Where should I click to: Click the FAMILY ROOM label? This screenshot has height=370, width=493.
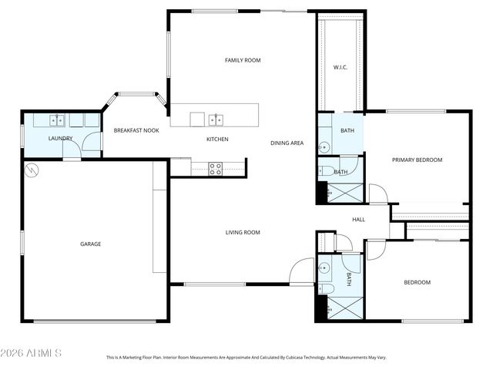pyautogui.click(x=243, y=60)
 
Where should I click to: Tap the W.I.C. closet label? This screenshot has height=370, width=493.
pyautogui.click(x=340, y=67)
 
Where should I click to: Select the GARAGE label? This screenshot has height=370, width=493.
pyautogui.click(x=91, y=244)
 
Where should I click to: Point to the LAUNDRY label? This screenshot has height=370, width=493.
pyautogui.click(x=60, y=139)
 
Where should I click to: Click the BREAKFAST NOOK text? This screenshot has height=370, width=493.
pyautogui.click(x=136, y=131)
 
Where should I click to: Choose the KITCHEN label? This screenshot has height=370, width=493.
pyautogui.click(x=217, y=140)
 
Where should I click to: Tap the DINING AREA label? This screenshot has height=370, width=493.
pyautogui.click(x=287, y=143)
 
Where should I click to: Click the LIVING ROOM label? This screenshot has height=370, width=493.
pyautogui.click(x=243, y=233)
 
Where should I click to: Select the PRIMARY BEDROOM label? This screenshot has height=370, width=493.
pyautogui.click(x=417, y=160)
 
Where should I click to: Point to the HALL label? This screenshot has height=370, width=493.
pyautogui.click(x=358, y=220)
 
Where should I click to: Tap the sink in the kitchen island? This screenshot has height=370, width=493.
pyautogui.click(x=218, y=119)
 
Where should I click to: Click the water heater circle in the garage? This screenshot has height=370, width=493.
pyautogui.click(x=32, y=170)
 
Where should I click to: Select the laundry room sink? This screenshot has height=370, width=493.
pyautogui.click(x=56, y=120)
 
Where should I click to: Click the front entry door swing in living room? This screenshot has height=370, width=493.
pyautogui.click(x=301, y=271)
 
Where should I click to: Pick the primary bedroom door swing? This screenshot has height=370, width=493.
pyautogui.click(x=378, y=194)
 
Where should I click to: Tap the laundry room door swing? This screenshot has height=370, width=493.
pyautogui.click(x=91, y=143)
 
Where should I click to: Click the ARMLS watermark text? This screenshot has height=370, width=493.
pyautogui.click(x=32, y=353)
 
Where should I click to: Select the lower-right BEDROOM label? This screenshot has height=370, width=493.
pyautogui.click(x=417, y=283)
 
